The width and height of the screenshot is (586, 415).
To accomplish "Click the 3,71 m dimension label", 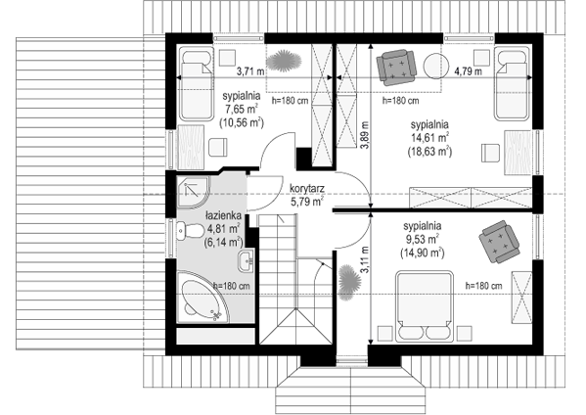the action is coord(250,71).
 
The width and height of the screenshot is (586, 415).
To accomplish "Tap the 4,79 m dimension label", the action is coord(468,71).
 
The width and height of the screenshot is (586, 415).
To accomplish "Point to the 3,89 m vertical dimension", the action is coord(364,135).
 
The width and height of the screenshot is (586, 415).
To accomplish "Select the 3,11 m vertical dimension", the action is coord(364,259).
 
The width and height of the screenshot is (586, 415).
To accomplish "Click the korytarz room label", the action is coord(307,189).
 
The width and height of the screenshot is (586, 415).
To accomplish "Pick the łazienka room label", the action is coord(223,215).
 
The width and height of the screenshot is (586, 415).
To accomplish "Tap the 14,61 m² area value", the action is coord(430,138).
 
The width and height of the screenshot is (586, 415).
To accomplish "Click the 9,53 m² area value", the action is coord(422,239).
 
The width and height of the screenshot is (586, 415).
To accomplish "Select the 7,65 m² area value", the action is coord(242,110).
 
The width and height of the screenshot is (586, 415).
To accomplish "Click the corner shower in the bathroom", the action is coord(193,192).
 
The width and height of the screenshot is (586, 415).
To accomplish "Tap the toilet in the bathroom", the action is coord(190,230).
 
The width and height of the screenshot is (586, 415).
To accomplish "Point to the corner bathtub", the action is coord(203,298).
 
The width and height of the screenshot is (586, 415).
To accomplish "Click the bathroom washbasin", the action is coord(246,259).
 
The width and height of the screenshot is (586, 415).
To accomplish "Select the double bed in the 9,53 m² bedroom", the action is coord(425,306).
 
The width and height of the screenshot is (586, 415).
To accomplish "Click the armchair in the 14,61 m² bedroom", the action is coord(396,67).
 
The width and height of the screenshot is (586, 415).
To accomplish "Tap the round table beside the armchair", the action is coord(436,67).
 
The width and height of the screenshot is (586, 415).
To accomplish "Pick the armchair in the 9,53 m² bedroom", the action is coord(499,242).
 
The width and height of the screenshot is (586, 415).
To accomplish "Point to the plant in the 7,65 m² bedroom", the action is coord(284,61).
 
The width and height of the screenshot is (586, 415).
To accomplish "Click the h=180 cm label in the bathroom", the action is coord(231,286).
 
